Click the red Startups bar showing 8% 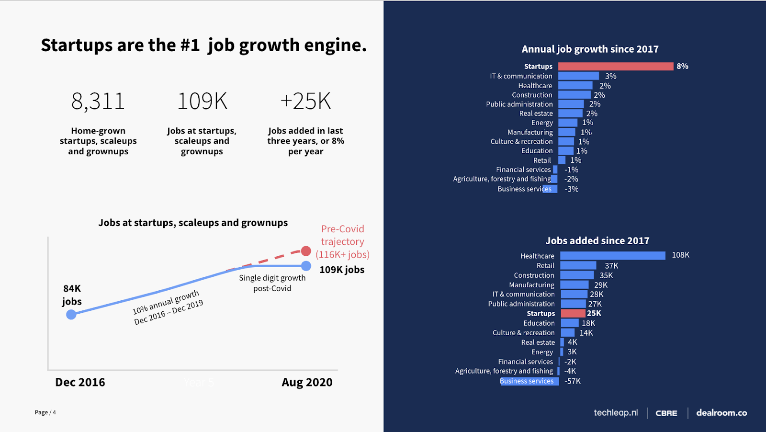615,67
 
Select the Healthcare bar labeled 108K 612,256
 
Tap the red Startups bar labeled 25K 573,313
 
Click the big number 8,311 98,102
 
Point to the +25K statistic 305,102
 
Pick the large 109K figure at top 202,102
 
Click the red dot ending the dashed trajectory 306,251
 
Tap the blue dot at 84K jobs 71,315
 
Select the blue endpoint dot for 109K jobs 306,266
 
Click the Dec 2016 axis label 80,382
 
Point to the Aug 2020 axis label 307,382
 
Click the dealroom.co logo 721,413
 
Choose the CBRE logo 666,413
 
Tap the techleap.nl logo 616,413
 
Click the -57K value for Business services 573,381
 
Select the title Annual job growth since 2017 590,49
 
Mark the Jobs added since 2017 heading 597,241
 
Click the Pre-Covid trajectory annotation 342,242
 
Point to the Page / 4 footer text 45,412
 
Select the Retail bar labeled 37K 578,265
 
